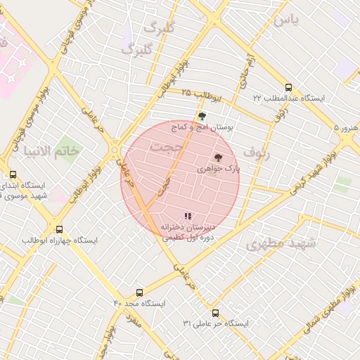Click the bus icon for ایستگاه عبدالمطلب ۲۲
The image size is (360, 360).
tap(288, 88)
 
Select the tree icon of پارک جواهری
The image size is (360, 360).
tap(218, 158)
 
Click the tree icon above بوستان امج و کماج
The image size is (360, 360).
tap(202, 117)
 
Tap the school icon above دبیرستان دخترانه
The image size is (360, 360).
tap(187, 217)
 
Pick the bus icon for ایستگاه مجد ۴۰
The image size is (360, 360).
tap(139, 292)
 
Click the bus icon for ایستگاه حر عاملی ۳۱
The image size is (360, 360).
tap(215, 313)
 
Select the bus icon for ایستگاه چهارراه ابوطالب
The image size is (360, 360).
tap(59, 229)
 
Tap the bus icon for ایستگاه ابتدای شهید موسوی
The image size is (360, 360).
tap(13, 174)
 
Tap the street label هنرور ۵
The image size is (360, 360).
tap(346, 129)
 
